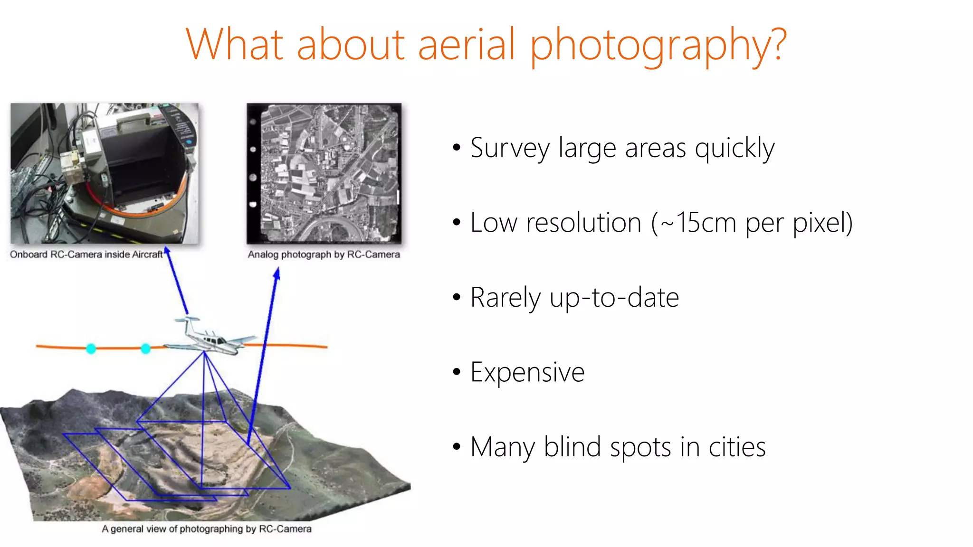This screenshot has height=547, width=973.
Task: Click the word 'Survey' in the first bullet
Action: pos(510,148)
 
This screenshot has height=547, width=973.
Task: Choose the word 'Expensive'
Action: pos(527,372)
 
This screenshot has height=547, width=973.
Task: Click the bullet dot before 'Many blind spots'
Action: pos(457,447)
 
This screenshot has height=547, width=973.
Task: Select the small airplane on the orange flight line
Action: pos(209,338)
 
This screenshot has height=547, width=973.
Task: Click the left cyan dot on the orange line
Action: pos(91,349)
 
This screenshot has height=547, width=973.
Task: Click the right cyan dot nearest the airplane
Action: pos(146,349)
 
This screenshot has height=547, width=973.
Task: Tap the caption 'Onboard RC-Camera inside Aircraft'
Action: pos(86,255)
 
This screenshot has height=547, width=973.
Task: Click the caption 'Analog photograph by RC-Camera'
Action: pos(324,255)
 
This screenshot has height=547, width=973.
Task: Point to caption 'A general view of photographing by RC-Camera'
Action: pos(207,529)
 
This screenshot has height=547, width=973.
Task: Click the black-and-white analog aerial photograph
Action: pos(324,174)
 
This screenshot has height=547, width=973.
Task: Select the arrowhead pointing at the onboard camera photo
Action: pos(167,250)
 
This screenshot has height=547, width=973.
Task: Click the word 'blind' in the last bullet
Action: pos(572,447)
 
